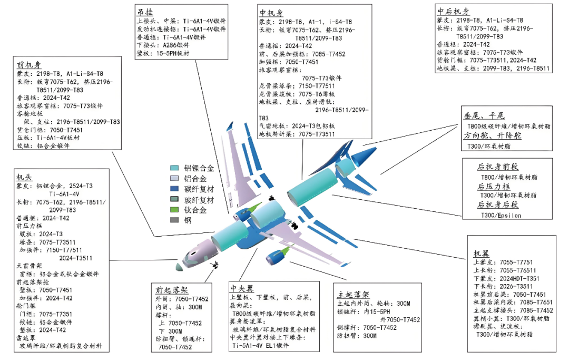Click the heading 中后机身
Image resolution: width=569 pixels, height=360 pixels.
click(453, 12)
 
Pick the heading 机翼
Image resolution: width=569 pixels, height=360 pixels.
click(482, 254)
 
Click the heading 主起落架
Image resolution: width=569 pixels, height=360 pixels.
click(353, 294)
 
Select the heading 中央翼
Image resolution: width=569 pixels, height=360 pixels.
click(242, 288)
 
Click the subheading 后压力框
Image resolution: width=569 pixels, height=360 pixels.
click(494, 186)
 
